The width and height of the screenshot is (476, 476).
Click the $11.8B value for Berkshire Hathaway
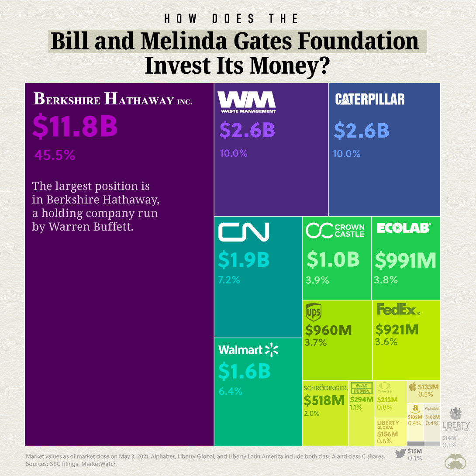tap(75, 126)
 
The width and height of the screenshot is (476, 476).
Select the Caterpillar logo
tap(370, 100)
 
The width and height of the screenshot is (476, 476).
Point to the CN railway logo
tap(244, 232)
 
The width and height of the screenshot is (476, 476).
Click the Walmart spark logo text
tap(248, 350)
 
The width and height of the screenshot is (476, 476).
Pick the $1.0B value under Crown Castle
tap(333, 259)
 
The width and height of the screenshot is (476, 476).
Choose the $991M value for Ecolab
tap(406, 260)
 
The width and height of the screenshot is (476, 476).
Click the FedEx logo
tap(398, 310)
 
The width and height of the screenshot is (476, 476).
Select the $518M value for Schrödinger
tap(324, 400)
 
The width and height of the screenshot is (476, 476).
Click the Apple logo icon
tap(412, 387)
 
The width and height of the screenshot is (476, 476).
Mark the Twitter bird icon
tap(400, 453)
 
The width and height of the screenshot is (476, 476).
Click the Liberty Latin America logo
tap(456, 418)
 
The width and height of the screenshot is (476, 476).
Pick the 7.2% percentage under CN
tap(229, 280)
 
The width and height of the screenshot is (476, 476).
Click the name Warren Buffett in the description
tap(91, 227)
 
